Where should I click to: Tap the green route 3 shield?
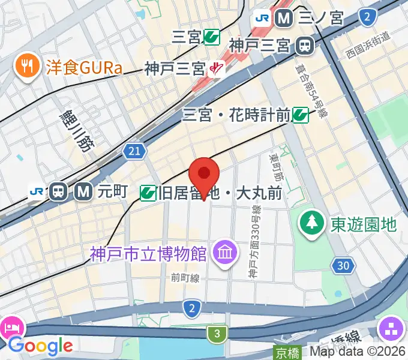coord(217,333)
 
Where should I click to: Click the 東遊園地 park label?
coord(364,224)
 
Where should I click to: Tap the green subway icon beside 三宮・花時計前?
coord(301,115)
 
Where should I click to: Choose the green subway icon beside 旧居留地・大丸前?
coord(148,193)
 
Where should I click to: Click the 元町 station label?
coord(113,192)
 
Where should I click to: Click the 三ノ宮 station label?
coord(321,18)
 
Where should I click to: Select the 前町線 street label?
coord(184,277)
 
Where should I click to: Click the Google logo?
coord(40,346)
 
